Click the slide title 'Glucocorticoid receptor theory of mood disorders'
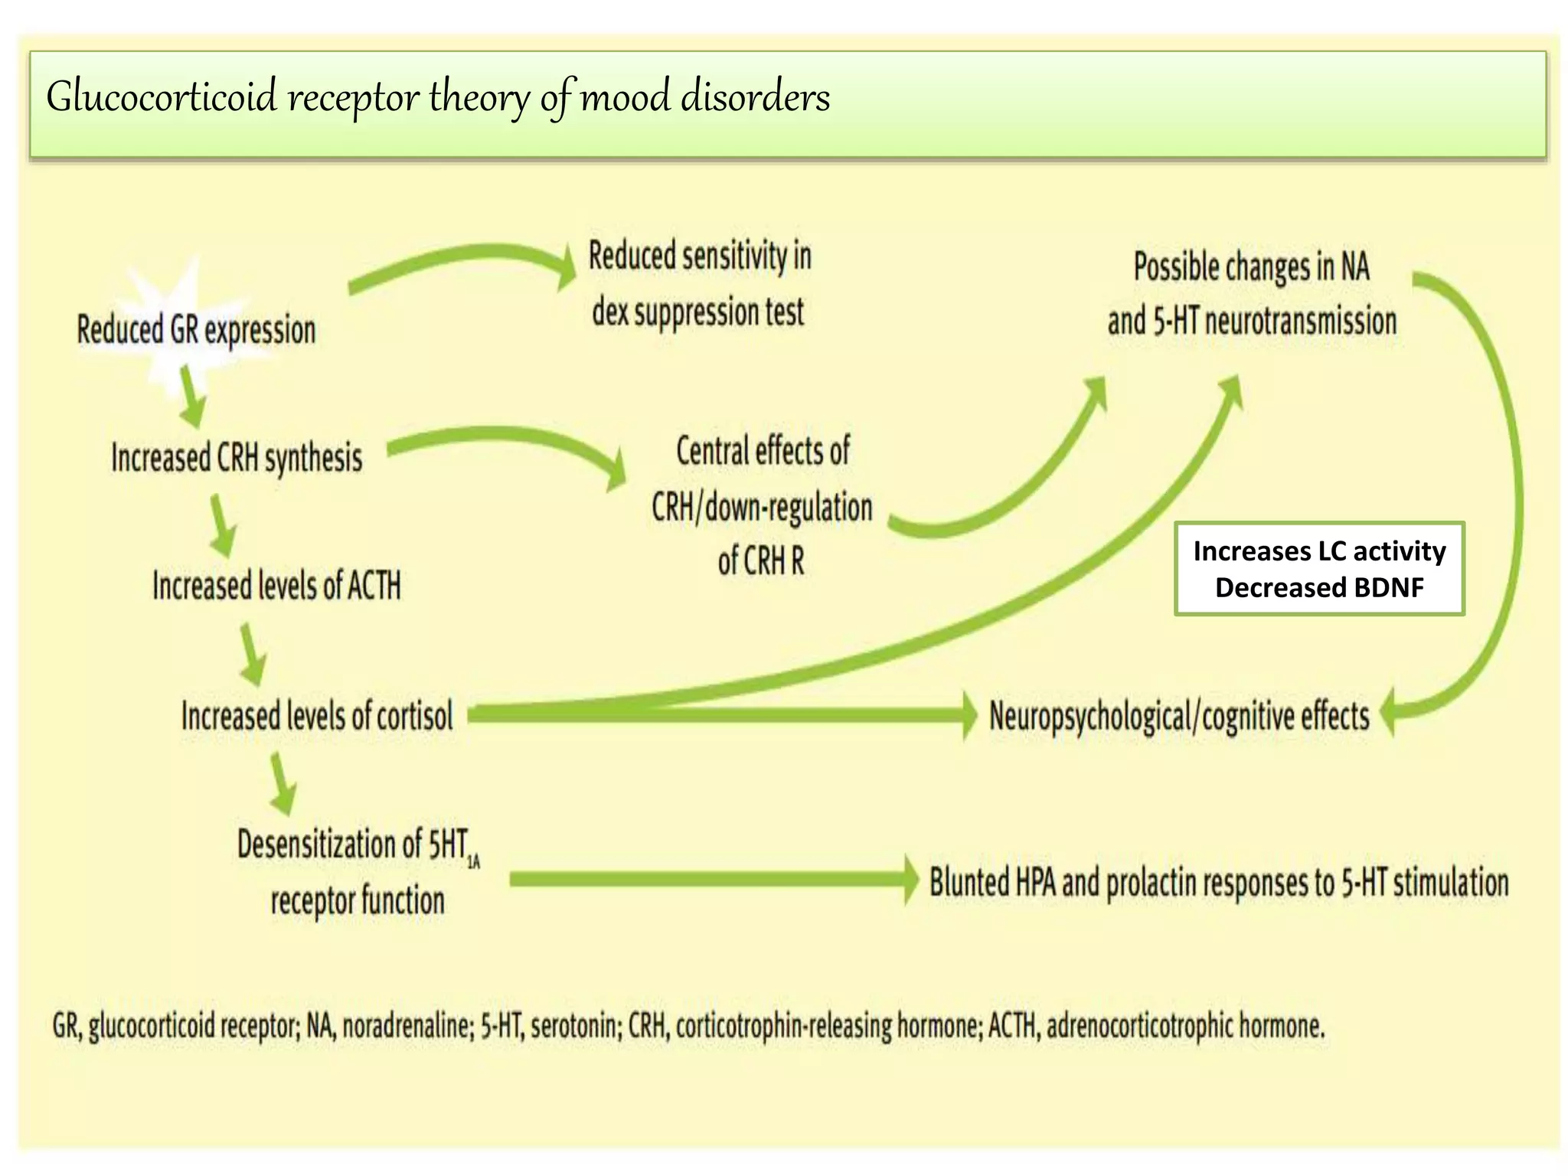point(438,98)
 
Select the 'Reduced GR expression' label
point(196,331)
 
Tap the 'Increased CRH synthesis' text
point(237,459)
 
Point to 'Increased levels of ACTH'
point(276,586)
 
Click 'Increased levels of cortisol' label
point(317,717)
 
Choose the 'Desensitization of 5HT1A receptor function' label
point(358,873)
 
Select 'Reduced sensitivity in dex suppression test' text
point(699,284)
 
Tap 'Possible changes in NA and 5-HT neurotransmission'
point(1252,294)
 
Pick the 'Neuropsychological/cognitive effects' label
point(1179,717)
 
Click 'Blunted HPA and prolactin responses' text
point(1219,883)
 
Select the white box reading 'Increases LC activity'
point(1319,552)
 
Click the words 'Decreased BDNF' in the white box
point(1319,588)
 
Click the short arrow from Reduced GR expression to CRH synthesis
point(192,397)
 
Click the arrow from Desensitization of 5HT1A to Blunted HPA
point(712,880)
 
